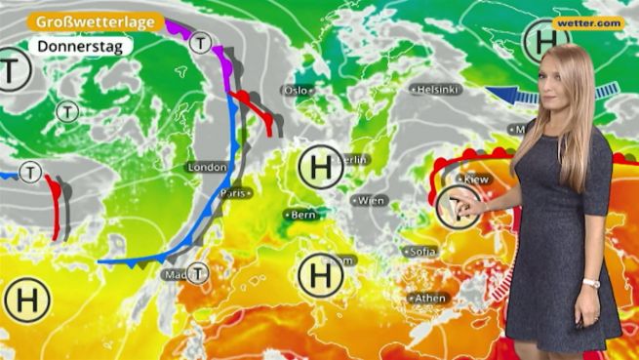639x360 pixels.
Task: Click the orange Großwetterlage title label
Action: [95, 21]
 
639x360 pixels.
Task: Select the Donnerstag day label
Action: [73, 46]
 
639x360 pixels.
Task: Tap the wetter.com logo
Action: [588, 23]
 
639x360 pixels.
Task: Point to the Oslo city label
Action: [296, 90]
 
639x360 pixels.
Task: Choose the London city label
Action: [207, 168]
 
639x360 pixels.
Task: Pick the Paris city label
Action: [233, 193]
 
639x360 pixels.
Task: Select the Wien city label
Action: [371, 201]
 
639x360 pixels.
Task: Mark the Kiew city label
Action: [475, 180]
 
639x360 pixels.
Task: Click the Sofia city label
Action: [422, 252]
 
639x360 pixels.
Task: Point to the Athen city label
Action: [429, 299]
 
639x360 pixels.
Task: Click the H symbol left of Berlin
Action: [320, 167]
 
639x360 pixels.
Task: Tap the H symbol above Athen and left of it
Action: [320, 274]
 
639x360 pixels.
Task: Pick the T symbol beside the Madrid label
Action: [198, 273]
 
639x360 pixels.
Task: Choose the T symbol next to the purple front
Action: [201, 43]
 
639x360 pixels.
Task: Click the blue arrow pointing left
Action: [512, 95]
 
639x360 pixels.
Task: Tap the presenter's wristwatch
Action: [590, 284]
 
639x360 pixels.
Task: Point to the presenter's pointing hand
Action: [469, 206]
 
